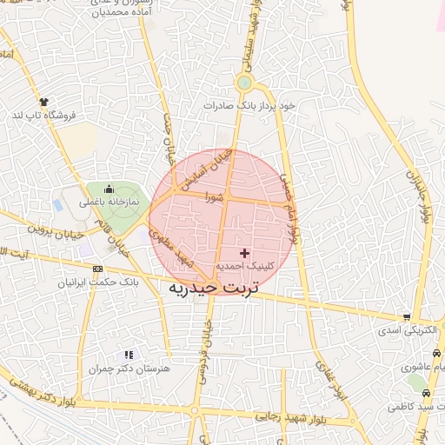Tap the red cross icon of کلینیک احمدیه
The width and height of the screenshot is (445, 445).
(242, 252)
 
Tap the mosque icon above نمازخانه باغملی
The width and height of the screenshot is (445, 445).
(109, 189)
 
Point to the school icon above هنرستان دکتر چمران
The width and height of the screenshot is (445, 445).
(129, 355)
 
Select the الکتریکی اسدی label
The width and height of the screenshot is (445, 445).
(409, 331)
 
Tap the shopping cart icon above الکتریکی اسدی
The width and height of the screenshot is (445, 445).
(407, 318)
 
